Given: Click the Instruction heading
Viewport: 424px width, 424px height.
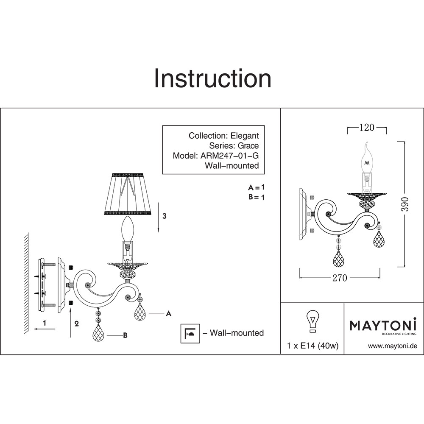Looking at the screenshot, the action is tap(212, 78).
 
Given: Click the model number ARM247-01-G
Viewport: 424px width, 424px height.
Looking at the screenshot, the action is tap(229, 156).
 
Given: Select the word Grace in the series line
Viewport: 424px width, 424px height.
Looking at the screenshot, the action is tap(248, 145).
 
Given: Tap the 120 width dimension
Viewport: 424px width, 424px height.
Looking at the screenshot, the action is tap(366, 127).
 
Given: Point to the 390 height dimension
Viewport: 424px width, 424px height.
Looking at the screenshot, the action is tap(404, 204).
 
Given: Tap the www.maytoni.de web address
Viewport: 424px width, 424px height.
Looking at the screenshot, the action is tap(393, 346).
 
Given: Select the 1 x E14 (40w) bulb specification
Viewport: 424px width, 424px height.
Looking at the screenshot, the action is tap(312, 346).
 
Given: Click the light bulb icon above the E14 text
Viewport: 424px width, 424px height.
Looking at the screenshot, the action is tap(312, 321).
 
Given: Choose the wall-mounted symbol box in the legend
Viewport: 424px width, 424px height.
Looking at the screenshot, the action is tap(190, 333).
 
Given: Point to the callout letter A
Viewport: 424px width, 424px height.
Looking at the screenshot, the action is tap(168, 314).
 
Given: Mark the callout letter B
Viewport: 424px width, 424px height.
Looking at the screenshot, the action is tap(125, 335).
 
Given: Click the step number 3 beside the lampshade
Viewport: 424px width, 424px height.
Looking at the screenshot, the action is tap(165, 216).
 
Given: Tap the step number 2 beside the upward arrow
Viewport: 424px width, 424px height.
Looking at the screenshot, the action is tap(77, 324).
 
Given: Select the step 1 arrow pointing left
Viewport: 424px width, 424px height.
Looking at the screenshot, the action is tap(45, 329).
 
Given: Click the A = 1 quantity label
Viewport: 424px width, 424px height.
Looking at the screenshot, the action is tap(256, 187).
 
